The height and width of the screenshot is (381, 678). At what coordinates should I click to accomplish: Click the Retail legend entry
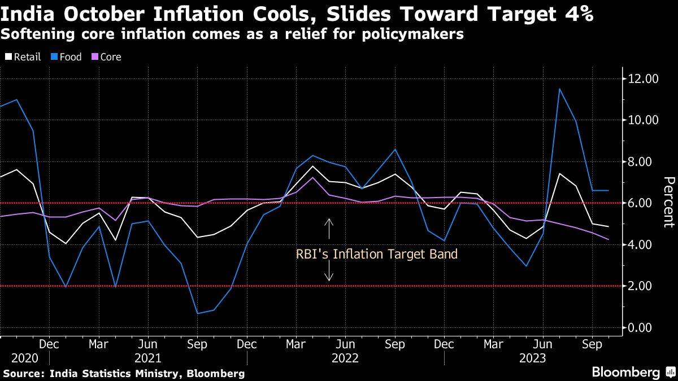coord(23,57)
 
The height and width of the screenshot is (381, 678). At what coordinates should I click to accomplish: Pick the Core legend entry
coord(106,57)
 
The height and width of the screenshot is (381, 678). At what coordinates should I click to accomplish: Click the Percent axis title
coord(669,202)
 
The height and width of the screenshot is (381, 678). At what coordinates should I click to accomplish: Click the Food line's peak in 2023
coord(559,89)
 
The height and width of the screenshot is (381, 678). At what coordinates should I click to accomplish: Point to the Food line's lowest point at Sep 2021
coord(197,313)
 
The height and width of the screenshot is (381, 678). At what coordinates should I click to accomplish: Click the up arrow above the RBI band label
coord(329,229)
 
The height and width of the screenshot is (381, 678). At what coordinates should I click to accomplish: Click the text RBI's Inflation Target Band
coord(376,255)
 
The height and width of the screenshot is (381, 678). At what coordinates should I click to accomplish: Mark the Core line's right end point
coord(608,239)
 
